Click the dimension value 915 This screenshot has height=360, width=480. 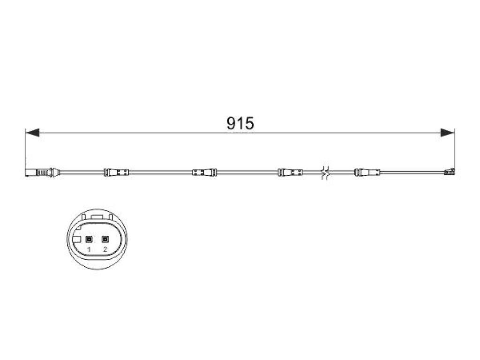click(x=240, y=123)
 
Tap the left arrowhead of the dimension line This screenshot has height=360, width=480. click(x=32, y=133)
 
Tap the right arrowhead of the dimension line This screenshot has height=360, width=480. click(x=448, y=133)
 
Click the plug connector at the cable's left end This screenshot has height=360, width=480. click(x=41, y=172)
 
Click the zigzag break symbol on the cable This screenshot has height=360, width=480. click(x=326, y=172)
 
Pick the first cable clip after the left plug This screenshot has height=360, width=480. click(x=117, y=172)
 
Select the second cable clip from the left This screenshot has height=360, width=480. click(x=204, y=172)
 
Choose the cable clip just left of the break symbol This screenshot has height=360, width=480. click(x=290, y=172)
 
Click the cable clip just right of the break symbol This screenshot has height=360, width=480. click(x=367, y=172)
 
